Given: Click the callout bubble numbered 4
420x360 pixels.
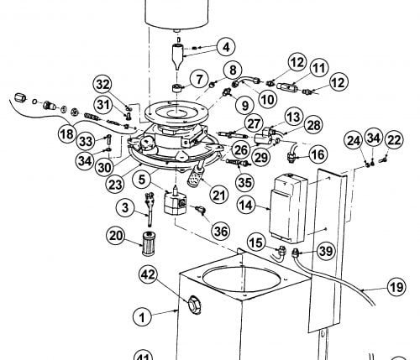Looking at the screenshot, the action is [226, 47].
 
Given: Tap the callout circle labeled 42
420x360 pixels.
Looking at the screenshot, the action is [149, 274].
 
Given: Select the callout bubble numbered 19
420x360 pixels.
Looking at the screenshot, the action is [396, 287].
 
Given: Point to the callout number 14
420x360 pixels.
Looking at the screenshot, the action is [246, 206].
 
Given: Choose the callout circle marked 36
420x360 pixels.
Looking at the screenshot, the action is [221, 232].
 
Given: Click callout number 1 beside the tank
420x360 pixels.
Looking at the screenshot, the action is [143, 317].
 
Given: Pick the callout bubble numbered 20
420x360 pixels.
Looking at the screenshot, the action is [116, 236].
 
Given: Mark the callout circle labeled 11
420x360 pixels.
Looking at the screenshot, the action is [319, 68].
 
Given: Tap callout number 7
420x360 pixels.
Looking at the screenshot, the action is [199, 79].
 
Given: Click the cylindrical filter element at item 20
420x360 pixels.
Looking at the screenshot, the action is [148, 243].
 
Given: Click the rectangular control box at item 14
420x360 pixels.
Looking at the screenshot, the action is [288, 208].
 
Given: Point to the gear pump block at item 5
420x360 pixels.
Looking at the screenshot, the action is [176, 202].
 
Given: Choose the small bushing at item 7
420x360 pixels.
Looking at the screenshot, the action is [176, 88].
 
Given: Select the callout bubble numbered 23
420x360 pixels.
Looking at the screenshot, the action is [115, 185].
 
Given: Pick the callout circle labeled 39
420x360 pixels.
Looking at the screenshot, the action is [326, 251].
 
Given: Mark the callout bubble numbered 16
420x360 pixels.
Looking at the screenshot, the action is [318, 154].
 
